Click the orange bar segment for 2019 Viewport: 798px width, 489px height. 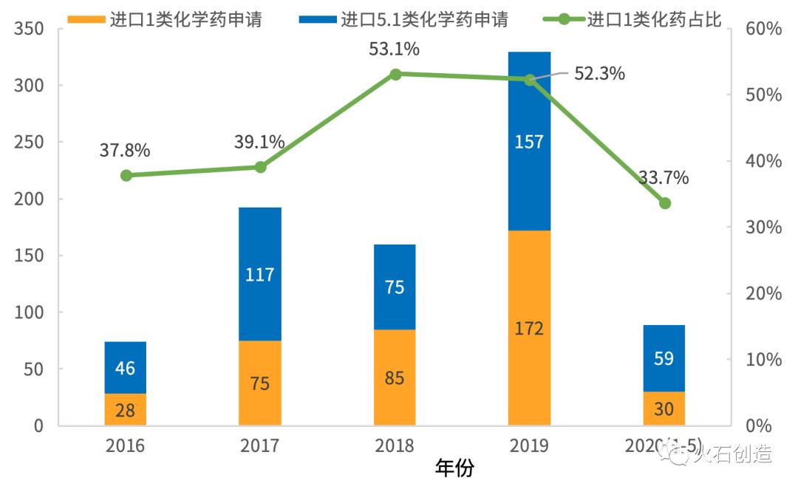click(529, 328)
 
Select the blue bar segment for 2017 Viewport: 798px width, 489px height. click(260, 274)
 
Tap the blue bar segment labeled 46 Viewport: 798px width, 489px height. click(126, 367)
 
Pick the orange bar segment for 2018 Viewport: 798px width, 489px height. click(395, 377)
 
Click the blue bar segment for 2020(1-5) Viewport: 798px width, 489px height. click(664, 358)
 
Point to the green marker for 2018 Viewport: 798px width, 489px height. click(395, 74)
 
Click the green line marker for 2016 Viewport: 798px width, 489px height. click(126, 175)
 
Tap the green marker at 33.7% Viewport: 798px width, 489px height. click(665, 203)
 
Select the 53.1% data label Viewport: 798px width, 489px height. click(395, 49)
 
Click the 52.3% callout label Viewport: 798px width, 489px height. click(600, 73)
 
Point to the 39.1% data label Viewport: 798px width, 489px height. click(260, 143)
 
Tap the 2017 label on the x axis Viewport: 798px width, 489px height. click(260, 445)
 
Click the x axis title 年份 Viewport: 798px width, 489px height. click(454, 468)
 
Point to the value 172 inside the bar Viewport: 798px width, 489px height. click(529, 328)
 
